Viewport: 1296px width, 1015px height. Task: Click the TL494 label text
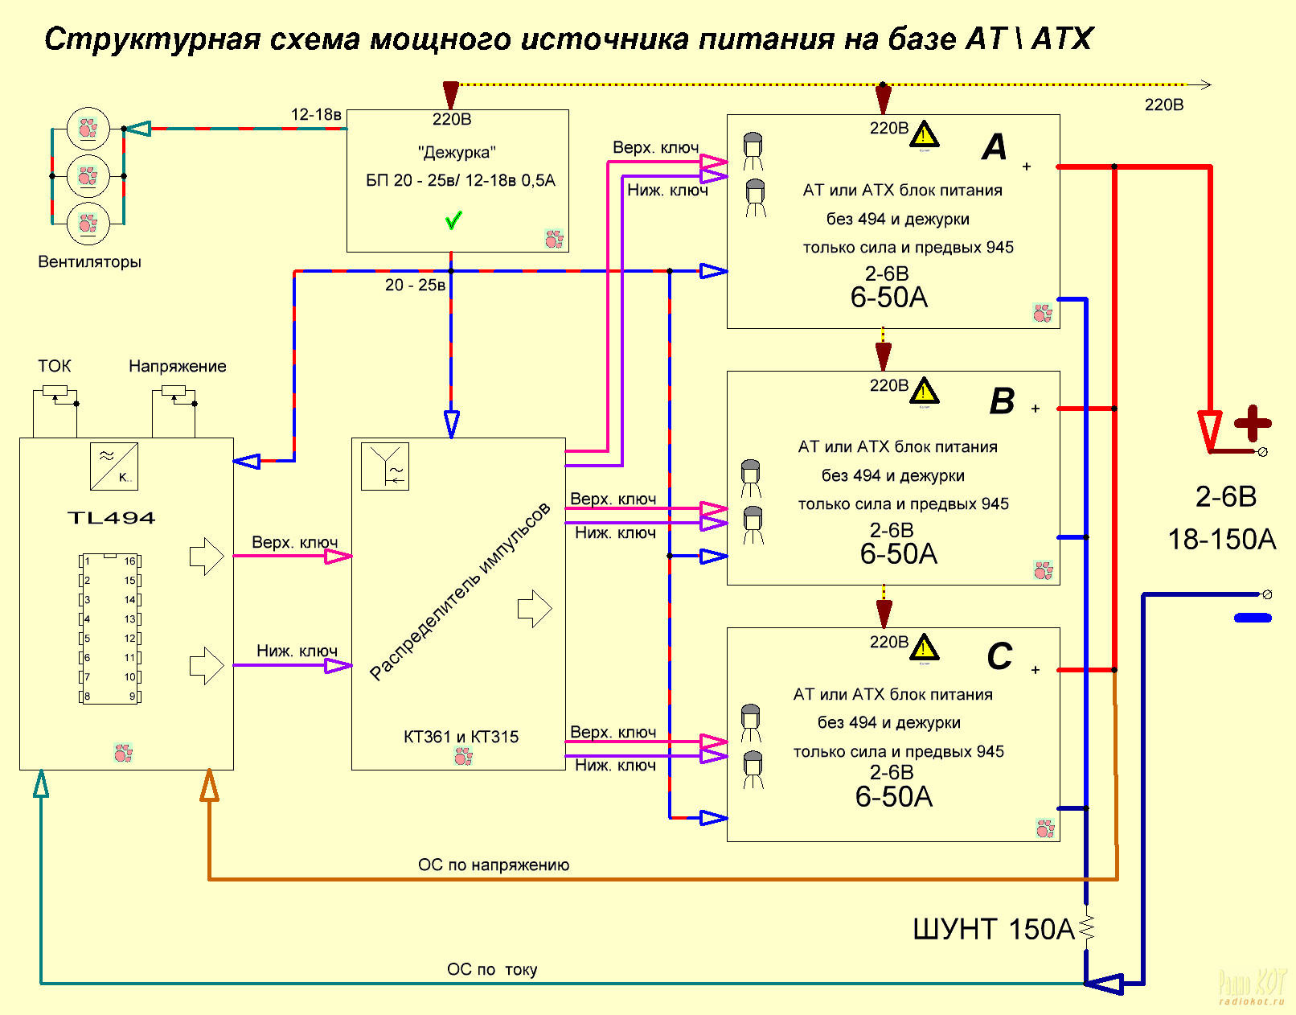click(111, 518)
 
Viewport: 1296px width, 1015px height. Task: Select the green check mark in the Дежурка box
click(453, 220)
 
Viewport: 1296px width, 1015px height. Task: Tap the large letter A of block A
click(995, 147)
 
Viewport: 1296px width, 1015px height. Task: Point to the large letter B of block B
click(1002, 401)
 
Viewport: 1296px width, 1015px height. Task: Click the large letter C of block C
click(999, 656)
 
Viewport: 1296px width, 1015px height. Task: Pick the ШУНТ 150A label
click(993, 930)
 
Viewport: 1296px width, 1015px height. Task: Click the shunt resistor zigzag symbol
click(1087, 927)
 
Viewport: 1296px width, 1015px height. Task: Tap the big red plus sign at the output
click(1252, 423)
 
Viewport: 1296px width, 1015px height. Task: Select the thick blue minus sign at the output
click(1253, 618)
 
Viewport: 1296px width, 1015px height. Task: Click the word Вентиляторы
click(89, 261)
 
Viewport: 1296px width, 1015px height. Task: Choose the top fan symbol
click(88, 128)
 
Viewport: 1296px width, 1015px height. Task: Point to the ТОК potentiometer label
click(55, 366)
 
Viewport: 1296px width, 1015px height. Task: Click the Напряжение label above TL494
click(178, 366)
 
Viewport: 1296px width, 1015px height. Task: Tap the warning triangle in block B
click(925, 391)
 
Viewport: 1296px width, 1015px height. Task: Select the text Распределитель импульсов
click(460, 591)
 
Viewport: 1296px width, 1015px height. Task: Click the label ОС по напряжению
click(494, 865)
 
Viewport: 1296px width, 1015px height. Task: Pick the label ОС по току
click(492, 969)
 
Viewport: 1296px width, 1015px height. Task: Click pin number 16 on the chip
click(129, 561)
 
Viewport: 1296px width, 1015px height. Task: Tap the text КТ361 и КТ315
click(461, 737)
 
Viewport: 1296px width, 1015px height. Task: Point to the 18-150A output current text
click(1221, 539)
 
